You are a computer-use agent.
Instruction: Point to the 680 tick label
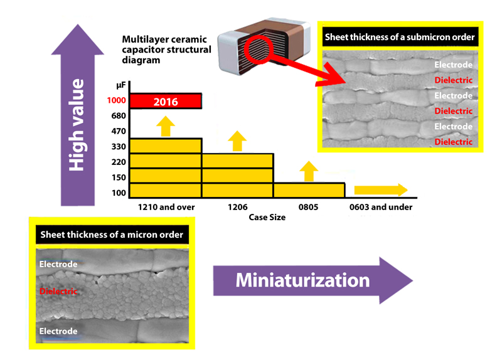coord(119,116)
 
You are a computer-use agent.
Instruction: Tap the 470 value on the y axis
coord(119,132)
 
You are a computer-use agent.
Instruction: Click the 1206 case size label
coord(237,206)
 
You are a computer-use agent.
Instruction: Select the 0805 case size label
coord(309,206)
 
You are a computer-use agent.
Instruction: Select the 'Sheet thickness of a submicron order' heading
coord(399,38)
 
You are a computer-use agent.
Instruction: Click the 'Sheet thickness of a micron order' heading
coord(112,235)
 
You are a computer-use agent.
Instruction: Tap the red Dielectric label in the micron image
coord(58,292)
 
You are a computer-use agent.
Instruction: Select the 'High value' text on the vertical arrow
coord(77,125)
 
